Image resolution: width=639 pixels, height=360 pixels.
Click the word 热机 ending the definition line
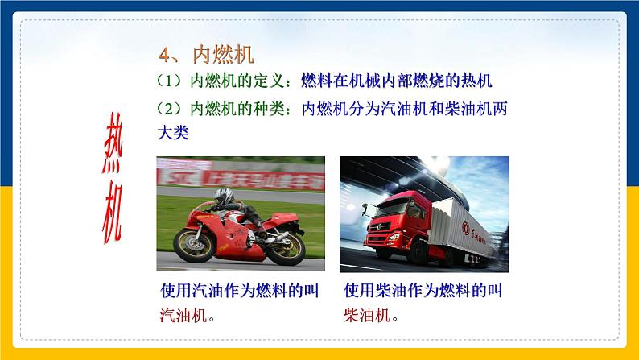tap(475, 81)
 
